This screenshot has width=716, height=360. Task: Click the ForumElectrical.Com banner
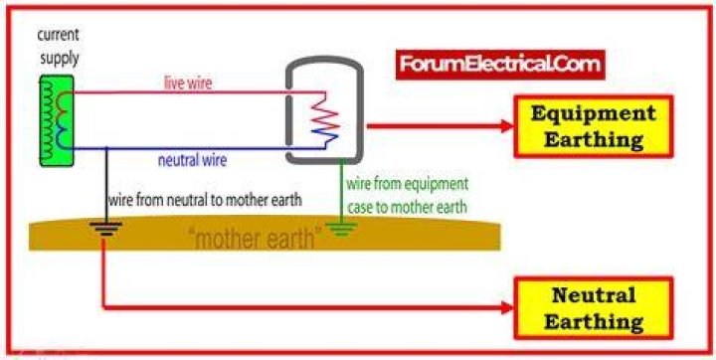[500, 65]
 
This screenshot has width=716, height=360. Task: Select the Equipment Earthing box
[593, 126]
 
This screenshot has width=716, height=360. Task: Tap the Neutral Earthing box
[593, 308]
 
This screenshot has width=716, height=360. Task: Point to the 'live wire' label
[188, 84]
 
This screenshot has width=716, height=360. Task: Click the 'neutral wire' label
[192, 160]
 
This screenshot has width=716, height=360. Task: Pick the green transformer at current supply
[57, 120]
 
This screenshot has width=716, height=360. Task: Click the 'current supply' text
[59, 47]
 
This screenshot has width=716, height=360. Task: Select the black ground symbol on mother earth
[106, 229]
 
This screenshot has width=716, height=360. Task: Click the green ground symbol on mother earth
[341, 228]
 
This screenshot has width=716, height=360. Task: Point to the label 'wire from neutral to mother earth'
[205, 200]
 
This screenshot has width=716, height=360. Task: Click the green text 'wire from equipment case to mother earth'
[408, 196]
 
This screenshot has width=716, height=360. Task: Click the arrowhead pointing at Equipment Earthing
[507, 126]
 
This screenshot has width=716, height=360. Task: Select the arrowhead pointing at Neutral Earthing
[507, 308]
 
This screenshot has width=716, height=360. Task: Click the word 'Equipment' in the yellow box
[593, 113]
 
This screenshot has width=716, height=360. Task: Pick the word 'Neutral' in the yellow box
[593, 295]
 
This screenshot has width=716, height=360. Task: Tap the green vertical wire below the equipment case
[341, 192]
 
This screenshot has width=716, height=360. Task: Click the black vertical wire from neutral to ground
[106, 185]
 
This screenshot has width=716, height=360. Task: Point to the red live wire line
[199, 92]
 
